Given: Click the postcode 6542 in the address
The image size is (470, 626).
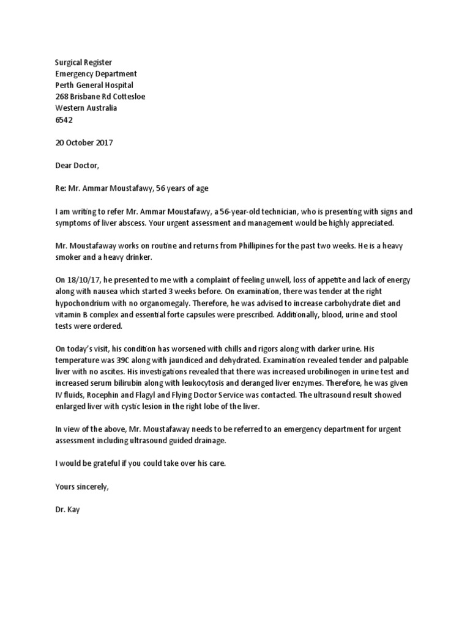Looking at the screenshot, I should point(64,120).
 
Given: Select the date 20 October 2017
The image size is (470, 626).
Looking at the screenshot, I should point(84,142).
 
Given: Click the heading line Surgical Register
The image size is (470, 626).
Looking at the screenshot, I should point(84,62).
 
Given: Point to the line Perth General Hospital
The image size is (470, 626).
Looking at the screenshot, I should point(94,86).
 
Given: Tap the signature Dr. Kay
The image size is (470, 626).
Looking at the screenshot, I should point(67,509).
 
